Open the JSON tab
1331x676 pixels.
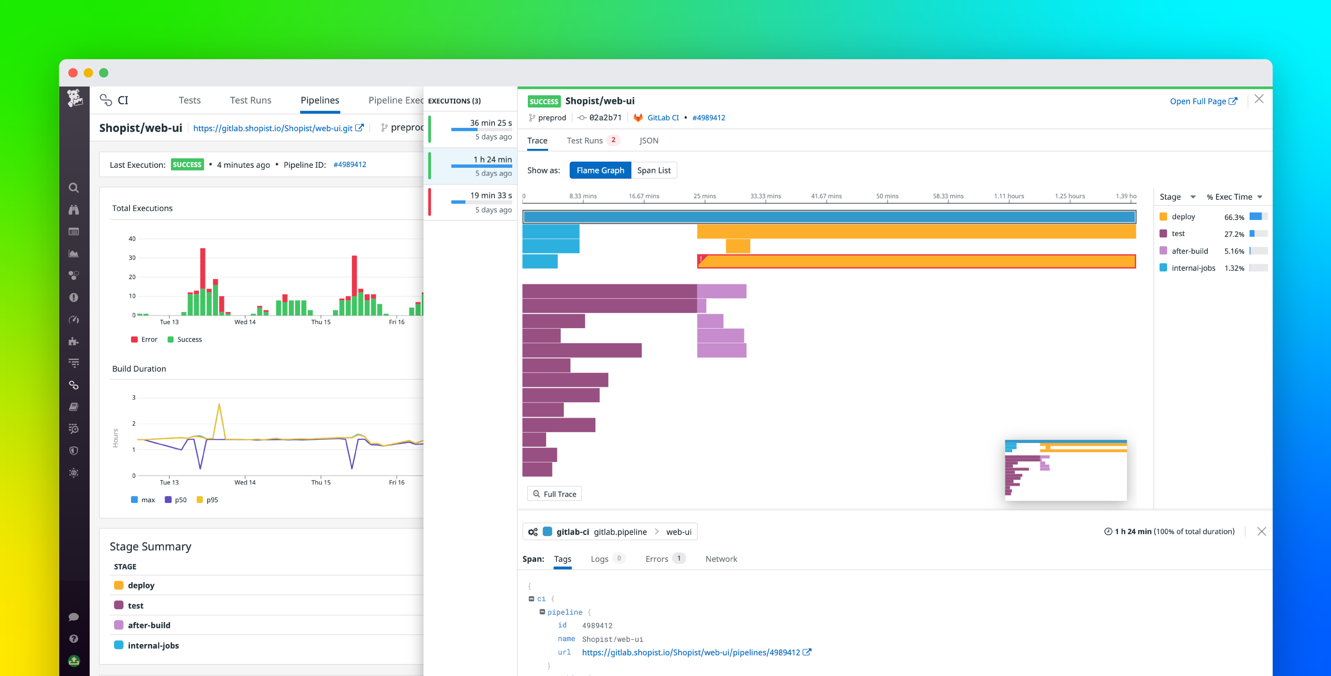[x=648, y=140]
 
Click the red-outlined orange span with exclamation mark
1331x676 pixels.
[x=916, y=262]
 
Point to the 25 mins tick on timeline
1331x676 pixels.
[x=704, y=196]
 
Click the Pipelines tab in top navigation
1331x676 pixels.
[x=320, y=100]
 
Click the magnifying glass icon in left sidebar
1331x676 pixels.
[x=74, y=188]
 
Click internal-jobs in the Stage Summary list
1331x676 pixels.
[x=153, y=646]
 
